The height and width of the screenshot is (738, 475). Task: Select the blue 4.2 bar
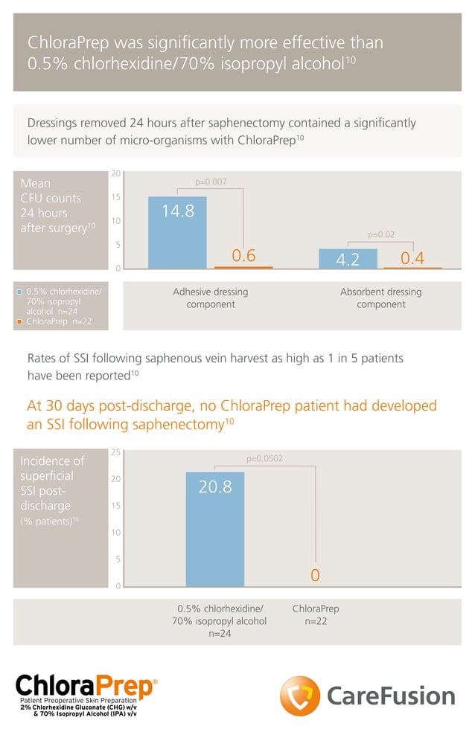click(x=348, y=259)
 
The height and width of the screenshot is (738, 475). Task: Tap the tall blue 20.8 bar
click(x=214, y=529)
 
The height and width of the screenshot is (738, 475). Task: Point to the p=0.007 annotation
click(x=211, y=182)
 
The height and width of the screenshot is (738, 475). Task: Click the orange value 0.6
click(x=244, y=257)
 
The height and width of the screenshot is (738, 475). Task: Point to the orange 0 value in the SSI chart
click(x=315, y=576)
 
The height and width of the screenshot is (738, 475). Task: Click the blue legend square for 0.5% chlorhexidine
click(x=20, y=292)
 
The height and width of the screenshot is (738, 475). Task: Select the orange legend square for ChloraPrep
click(x=20, y=322)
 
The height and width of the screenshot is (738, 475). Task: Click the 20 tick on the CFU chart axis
click(x=115, y=174)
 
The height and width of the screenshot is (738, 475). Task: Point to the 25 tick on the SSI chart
click(x=115, y=452)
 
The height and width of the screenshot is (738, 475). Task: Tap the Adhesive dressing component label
click(x=211, y=298)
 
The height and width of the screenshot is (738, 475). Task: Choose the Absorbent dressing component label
click(x=380, y=298)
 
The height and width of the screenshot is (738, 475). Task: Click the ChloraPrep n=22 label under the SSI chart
click(x=316, y=615)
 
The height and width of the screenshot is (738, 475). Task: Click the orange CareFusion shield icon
click(x=299, y=696)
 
